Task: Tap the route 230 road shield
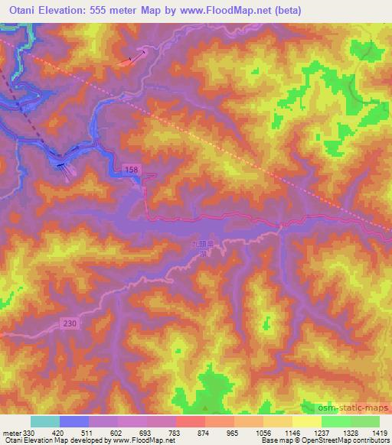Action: click(x=70, y=325)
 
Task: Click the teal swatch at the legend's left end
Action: click(x=44, y=421)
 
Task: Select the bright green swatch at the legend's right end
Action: click(x=364, y=421)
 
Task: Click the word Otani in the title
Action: click(x=21, y=11)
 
